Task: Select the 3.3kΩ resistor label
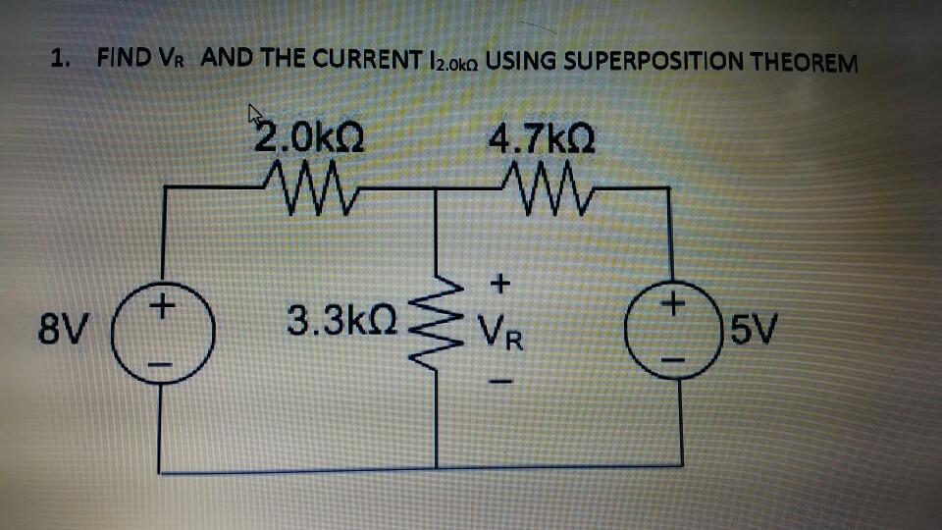[x=341, y=319]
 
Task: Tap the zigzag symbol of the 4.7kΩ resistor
[x=541, y=181]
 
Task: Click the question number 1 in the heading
[x=60, y=57]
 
